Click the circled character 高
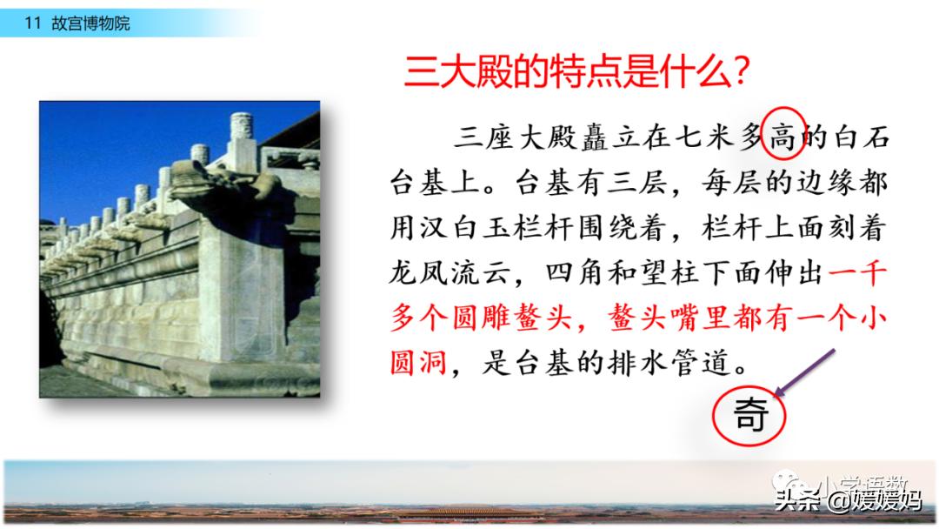pyautogui.click(x=782, y=138)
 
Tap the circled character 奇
pyautogui.click(x=750, y=414)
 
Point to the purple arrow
pyautogui.click(x=804, y=372)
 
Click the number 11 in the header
pyautogui.click(x=32, y=23)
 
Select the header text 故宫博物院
pyautogui.click(x=90, y=23)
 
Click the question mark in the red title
pyautogui.click(x=741, y=71)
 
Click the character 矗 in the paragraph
pyautogui.click(x=594, y=138)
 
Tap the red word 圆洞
pyautogui.click(x=418, y=363)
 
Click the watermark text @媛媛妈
pyautogui.click(x=875, y=500)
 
